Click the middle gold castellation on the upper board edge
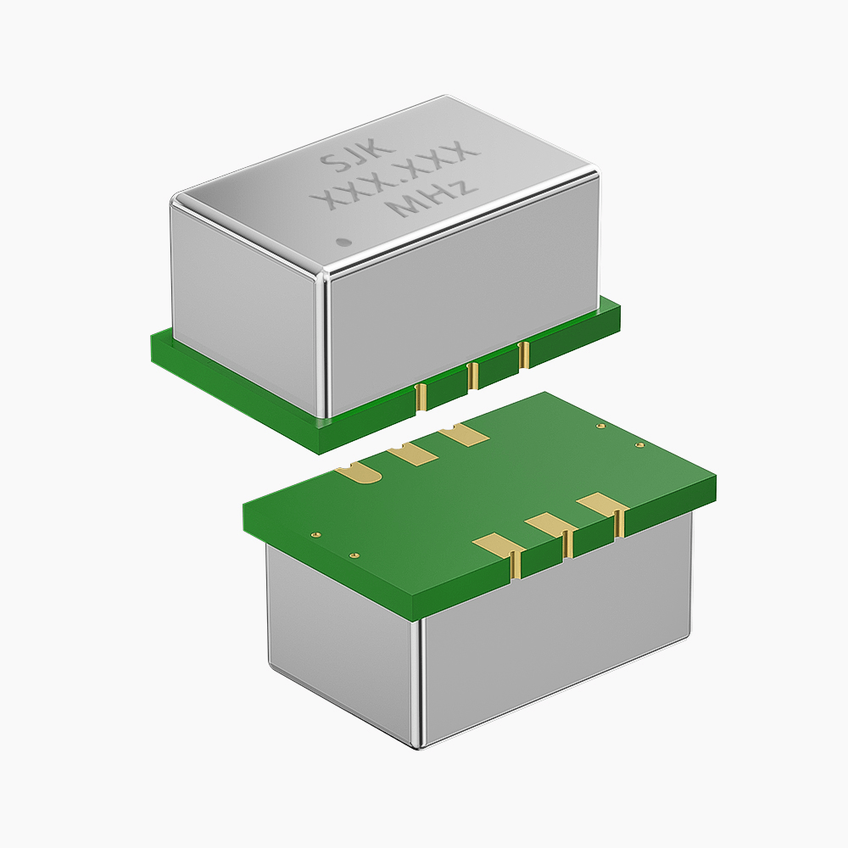click(472, 376)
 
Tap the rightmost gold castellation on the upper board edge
click(523, 355)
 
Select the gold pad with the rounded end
click(360, 472)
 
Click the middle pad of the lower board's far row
click(412, 453)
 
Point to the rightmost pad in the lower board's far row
click(464, 434)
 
